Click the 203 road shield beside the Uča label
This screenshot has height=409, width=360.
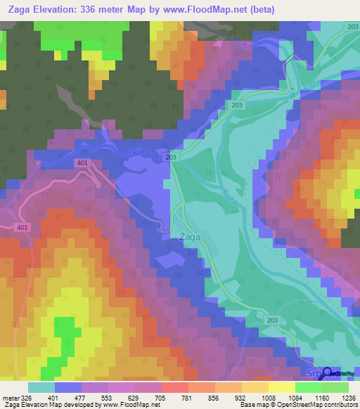pyautogui.click(x=172, y=158)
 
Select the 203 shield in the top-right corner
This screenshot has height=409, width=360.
pyautogui.click(x=352, y=26)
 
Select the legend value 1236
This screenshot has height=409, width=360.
pyautogui.click(x=340, y=397)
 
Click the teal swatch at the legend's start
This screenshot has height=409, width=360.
pyautogui.click(x=41, y=387)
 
